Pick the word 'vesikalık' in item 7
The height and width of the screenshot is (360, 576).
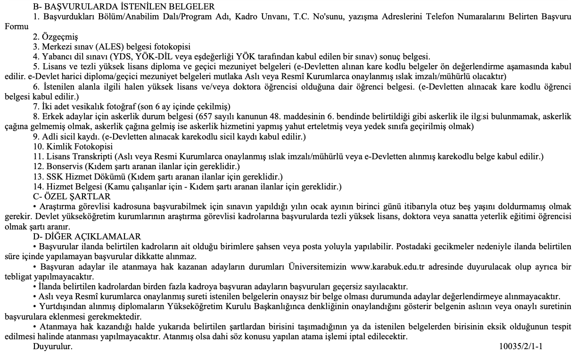pos(100,106)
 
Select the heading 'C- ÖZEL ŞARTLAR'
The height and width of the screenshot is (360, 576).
pos(71,196)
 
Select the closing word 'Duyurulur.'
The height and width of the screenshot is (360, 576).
pos(53,347)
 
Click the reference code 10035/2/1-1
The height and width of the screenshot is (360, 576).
pos(521,347)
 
